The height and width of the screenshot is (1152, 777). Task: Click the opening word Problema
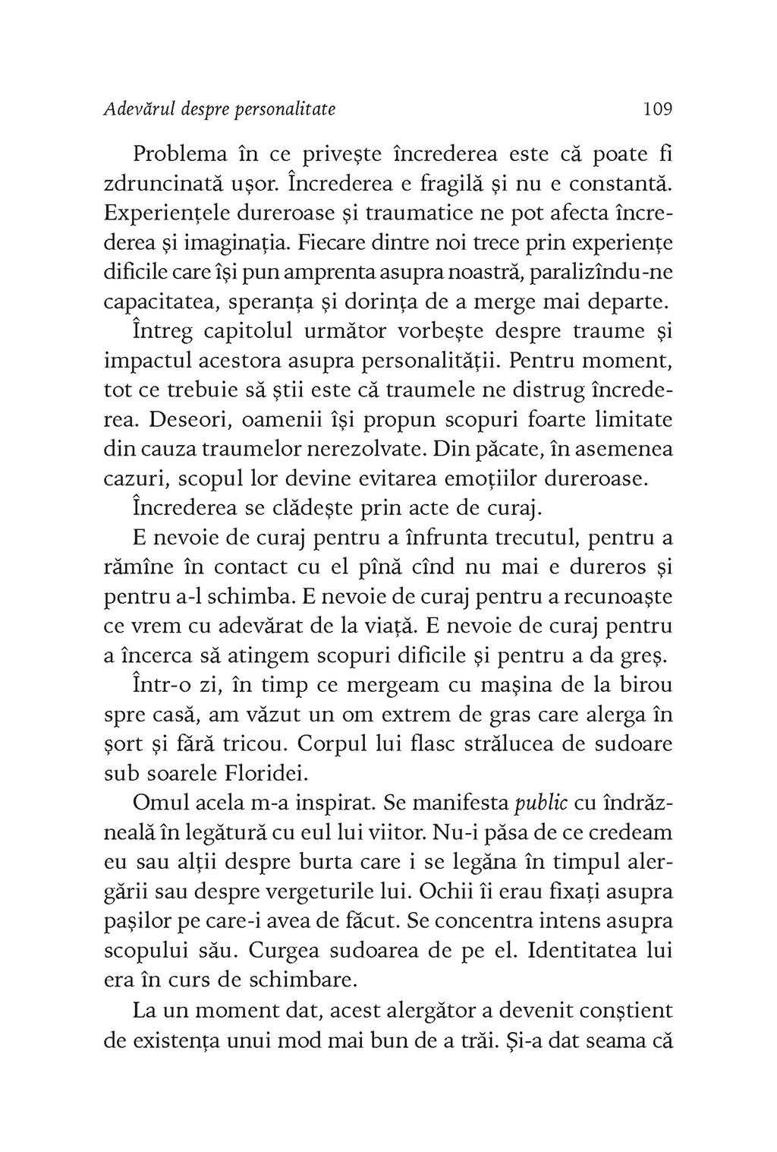click(x=180, y=155)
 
